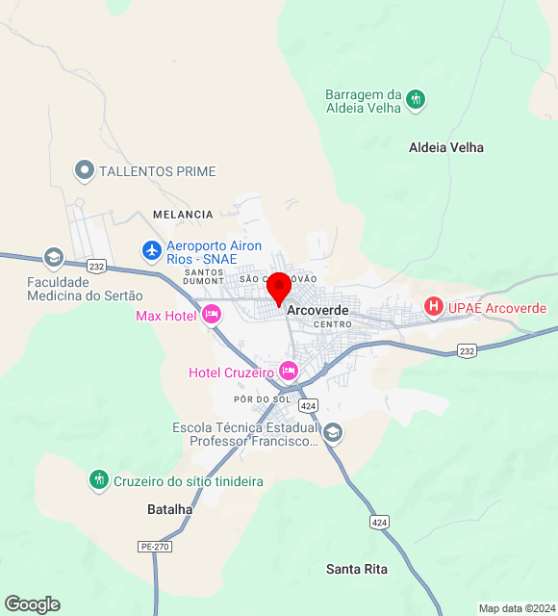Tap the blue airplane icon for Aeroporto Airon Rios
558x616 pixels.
click(x=151, y=251)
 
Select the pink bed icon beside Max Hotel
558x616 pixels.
click(x=212, y=315)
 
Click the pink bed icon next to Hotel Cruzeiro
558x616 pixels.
click(x=288, y=371)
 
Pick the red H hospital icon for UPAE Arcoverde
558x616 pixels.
click(x=434, y=308)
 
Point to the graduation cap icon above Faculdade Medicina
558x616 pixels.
click(x=53, y=258)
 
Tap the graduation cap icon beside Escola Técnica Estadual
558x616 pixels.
click(x=333, y=432)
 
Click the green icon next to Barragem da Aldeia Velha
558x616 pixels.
click(x=416, y=98)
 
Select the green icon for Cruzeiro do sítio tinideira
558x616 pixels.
click(x=98, y=479)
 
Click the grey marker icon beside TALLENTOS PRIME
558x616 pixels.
click(x=84, y=171)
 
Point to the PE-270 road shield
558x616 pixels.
click(x=154, y=546)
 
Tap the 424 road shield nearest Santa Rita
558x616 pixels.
click(x=380, y=522)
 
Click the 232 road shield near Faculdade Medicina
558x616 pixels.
click(x=96, y=266)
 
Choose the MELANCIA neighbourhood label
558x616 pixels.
click(x=182, y=215)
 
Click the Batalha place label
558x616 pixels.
click(x=170, y=508)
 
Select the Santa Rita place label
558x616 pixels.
click(x=356, y=569)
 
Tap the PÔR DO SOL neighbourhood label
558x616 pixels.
click(x=262, y=398)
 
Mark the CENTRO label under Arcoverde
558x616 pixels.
click(x=333, y=325)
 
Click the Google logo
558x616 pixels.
click(x=32, y=604)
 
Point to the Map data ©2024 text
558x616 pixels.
click(x=517, y=608)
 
